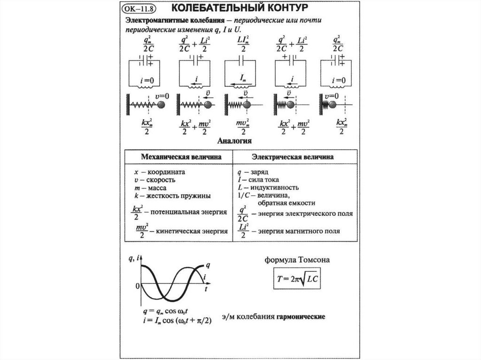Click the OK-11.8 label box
pos(140,9)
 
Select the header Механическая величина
pos(178,157)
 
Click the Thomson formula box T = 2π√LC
pos(297,279)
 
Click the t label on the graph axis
pos(207,291)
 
